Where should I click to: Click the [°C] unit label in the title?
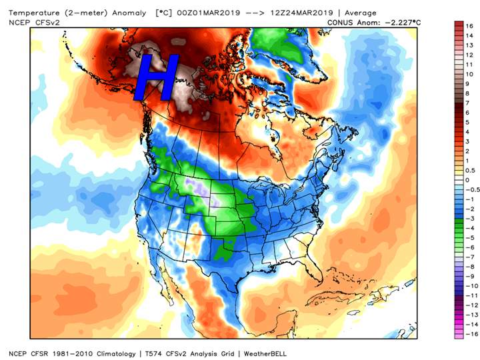[x=165, y=13]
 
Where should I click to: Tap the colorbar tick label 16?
[x=468, y=26]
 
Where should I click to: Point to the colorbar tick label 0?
[x=467, y=179]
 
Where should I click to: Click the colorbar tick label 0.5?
[x=469, y=170]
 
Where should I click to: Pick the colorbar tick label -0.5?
[x=470, y=189]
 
